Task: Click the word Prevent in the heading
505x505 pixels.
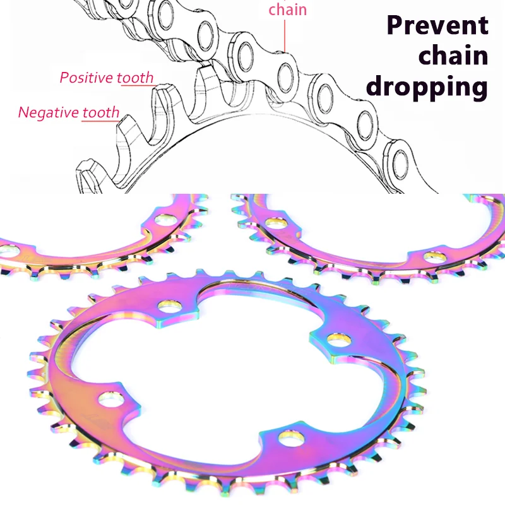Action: [x=437, y=25]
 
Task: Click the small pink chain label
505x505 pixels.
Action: [x=287, y=9]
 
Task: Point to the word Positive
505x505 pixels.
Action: [x=87, y=78]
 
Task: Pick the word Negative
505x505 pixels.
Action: [x=50, y=113]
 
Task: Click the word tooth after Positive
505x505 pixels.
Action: [x=135, y=78]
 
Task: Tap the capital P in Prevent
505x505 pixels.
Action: [x=396, y=25]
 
